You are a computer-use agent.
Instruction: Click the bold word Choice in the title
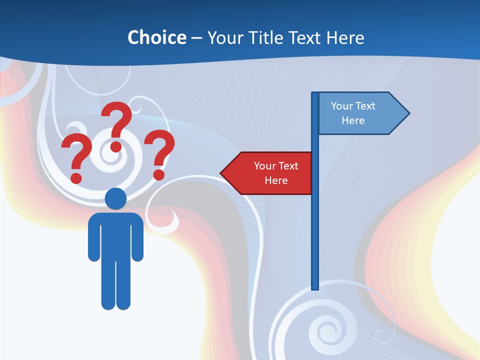[x=156, y=37]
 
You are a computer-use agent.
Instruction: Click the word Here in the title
[x=345, y=37]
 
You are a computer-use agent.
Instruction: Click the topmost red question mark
[x=116, y=125]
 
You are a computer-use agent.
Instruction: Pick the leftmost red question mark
[x=76, y=157]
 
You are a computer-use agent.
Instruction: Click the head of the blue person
[x=115, y=198]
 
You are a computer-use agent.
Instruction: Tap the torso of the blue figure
[x=115, y=235]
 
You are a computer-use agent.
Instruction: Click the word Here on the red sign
[x=276, y=180]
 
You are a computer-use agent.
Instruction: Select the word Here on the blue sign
[x=353, y=120]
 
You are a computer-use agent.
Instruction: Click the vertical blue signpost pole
[x=315, y=225]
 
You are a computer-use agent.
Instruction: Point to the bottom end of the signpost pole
[x=315, y=288]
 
